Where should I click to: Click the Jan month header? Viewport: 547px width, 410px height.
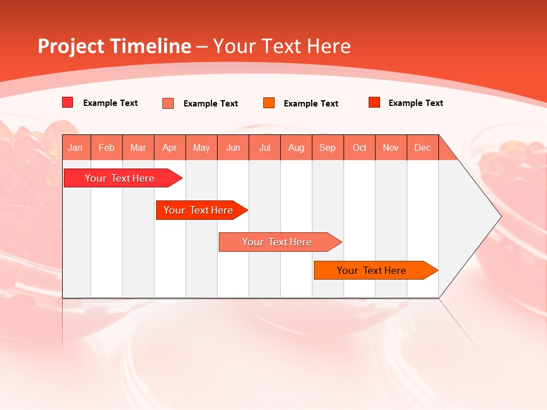click(76, 147)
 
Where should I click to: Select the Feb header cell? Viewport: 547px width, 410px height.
click(107, 147)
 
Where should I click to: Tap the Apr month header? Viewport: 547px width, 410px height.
click(170, 147)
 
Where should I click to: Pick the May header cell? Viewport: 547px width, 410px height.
click(201, 147)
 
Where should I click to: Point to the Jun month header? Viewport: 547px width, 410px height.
click(233, 147)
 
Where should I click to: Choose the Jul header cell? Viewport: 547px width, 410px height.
click(264, 147)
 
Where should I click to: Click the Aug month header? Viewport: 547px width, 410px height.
click(296, 147)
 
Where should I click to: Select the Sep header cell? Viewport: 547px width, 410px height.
click(328, 147)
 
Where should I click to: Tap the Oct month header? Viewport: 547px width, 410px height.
click(360, 147)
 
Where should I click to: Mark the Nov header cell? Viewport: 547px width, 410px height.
click(391, 147)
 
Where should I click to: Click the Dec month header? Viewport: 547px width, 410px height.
click(423, 147)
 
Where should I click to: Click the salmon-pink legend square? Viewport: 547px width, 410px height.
click(168, 103)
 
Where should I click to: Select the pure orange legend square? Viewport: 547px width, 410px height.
click(269, 102)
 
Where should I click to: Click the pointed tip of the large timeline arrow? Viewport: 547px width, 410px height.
click(500, 216)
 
